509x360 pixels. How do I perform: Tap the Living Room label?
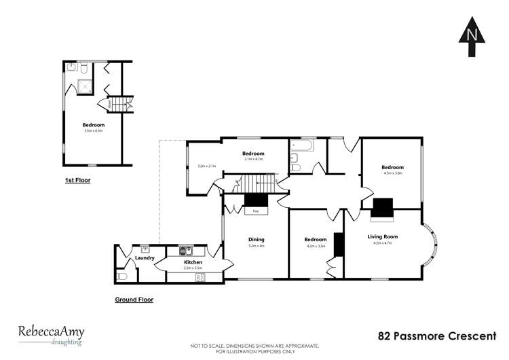pos(383,236)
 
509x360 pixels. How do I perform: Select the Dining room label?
pos(256,239)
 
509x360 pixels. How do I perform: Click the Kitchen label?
pos(193,262)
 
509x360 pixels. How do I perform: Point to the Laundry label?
pos(145,258)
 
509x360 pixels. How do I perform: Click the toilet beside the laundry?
pos(122,276)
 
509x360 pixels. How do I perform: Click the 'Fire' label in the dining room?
pos(255,211)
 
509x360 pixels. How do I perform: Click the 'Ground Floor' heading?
pos(134,299)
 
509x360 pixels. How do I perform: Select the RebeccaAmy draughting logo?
pos(51,335)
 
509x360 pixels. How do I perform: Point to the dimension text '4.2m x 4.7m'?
pos(383,242)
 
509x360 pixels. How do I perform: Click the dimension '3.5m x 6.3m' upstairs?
pos(93,130)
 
